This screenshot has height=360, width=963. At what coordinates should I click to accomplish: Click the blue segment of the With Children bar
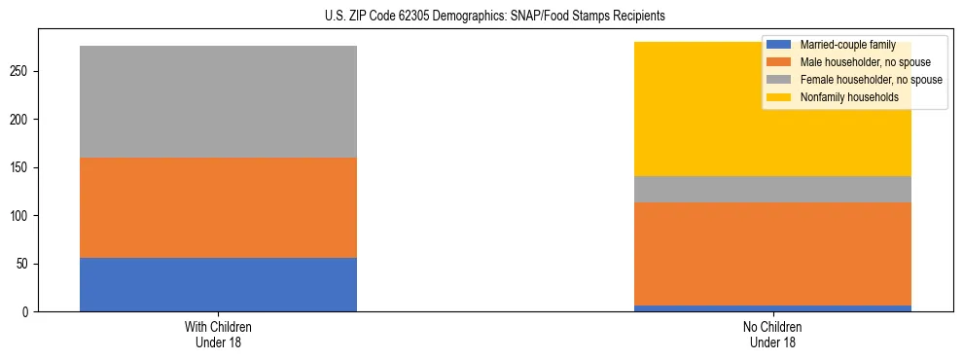218,284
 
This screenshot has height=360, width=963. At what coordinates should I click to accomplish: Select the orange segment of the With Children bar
218,207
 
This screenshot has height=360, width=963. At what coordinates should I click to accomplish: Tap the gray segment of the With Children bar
218,101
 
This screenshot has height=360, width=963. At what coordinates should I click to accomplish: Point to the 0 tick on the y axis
30,312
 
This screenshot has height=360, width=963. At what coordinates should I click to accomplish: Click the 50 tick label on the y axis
27,264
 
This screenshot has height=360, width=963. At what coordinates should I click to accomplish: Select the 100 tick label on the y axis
24,216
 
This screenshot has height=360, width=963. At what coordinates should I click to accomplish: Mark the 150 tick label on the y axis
24,168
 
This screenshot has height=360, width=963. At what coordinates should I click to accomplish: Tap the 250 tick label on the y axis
24,72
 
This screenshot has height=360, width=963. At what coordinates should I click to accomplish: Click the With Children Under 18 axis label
218,335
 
